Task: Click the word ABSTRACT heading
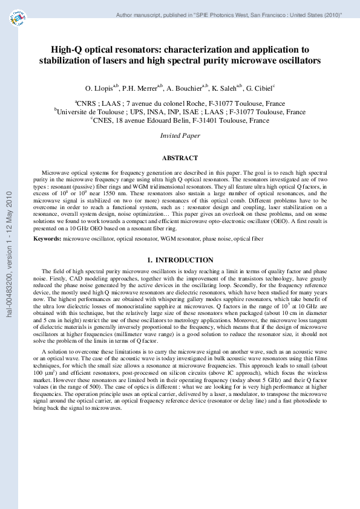180,158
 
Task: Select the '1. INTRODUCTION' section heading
180,259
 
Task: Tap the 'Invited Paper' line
180,136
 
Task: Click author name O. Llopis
105,87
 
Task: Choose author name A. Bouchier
197,87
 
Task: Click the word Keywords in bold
48,239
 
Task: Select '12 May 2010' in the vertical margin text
9,209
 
